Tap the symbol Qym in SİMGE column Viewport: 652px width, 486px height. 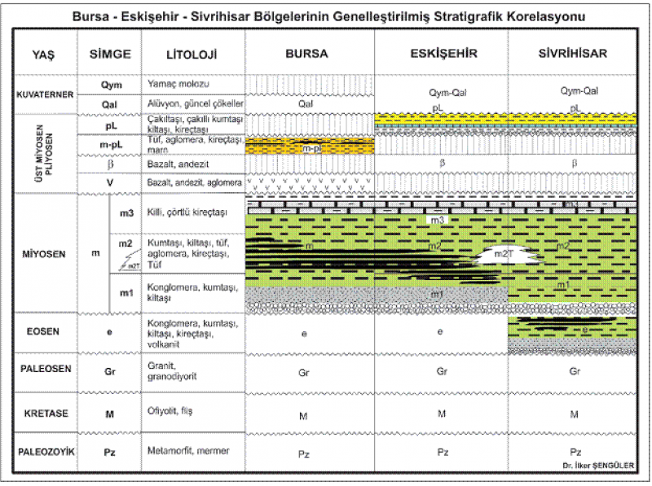(x=111, y=85)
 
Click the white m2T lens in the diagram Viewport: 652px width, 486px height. (x=506, y=255)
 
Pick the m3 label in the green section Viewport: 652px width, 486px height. (x=438, y=221)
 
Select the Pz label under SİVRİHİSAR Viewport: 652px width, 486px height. (x=575, y=452)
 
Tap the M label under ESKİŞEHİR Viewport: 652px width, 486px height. (x=442, y=414)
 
